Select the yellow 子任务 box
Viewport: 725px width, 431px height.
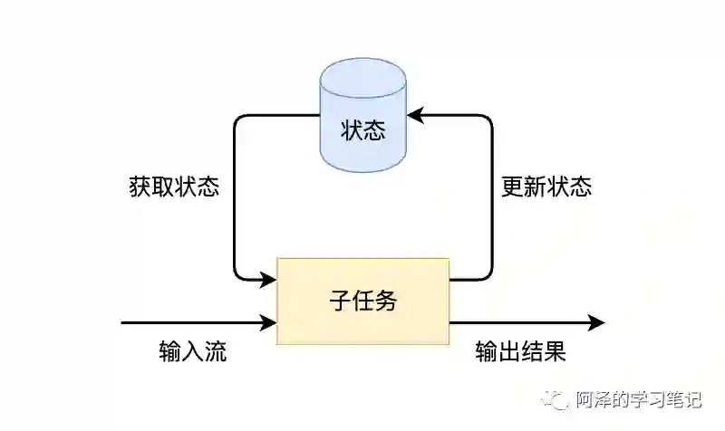click(362, 301)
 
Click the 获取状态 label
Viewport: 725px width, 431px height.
click(174, 187)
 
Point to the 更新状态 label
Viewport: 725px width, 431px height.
click(546, 187)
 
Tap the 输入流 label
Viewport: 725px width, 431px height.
click(192, 351)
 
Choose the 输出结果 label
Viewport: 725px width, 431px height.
click(520, 351)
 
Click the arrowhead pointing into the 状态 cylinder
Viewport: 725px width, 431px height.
click(414, 115)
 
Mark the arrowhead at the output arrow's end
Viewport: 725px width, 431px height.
click(596, 322)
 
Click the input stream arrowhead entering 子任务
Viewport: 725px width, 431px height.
click(268, 322)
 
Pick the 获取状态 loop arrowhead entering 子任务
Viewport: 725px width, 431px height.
click(268, 279)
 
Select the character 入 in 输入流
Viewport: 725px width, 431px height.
click(192, 351)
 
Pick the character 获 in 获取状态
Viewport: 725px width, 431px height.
click(140, 187)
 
